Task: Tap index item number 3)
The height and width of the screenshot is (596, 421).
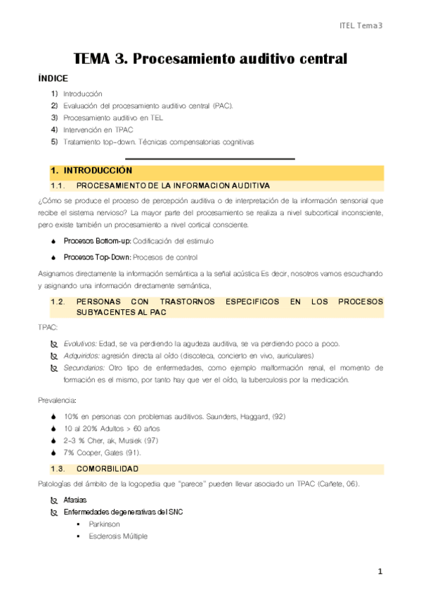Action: [x=54, y=117]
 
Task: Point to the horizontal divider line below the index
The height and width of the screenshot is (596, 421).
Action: [x=209, y=160]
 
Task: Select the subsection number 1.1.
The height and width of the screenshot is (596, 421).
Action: [x=58, y=186]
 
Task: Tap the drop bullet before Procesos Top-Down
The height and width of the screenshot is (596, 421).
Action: [x=54, y=257]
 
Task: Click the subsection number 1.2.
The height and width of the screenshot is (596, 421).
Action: [x=58, y=302]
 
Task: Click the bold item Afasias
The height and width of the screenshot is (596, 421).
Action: [x=75, y=500]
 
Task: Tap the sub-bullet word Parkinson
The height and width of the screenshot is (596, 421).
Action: [x=104, y=524]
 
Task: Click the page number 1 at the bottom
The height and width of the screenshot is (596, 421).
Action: [x=380, y=573]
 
